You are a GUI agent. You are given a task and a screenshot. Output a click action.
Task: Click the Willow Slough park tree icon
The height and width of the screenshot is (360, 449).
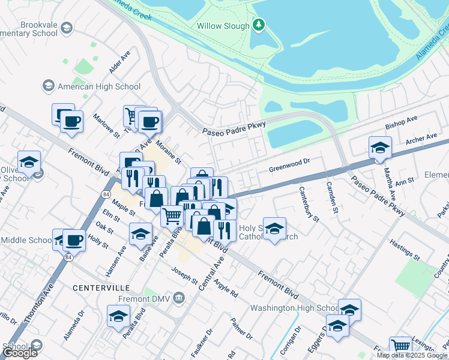point(259,25)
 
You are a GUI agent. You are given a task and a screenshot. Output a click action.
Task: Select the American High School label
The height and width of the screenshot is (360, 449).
point(98,86)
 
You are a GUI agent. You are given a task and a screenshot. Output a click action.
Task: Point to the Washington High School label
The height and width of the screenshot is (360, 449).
point(294,308)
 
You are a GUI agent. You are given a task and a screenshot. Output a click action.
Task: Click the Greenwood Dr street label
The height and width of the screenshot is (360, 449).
point(289,161)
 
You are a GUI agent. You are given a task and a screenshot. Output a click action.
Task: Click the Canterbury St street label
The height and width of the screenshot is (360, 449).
point(309,203)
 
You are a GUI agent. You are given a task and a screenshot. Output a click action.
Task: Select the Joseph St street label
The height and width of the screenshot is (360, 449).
point(184,275)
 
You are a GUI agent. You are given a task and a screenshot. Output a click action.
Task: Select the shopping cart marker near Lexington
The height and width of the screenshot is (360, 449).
point(400,346)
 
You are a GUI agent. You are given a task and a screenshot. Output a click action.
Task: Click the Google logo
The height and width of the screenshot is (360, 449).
point(20,353)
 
